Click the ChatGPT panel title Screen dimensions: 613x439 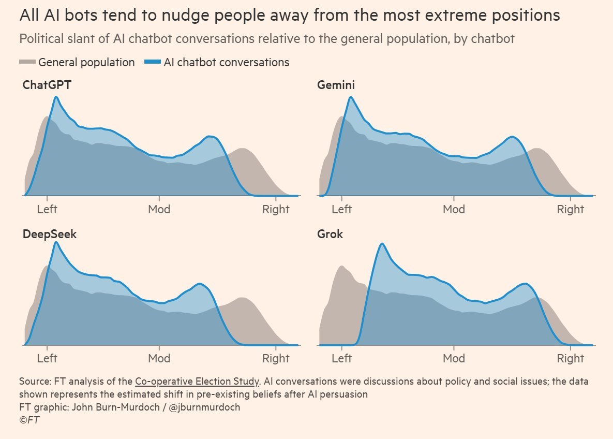point(47,85)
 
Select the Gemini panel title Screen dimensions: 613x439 point(336,85)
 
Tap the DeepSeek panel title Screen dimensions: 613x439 point(50,235)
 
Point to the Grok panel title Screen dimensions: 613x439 point(330,234)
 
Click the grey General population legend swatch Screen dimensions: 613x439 point(27,62)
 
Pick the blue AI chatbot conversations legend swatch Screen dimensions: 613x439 point(153,62)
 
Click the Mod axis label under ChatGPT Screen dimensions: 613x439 point(159,209)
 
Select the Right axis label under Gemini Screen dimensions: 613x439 point(571,209)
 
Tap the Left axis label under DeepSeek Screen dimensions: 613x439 point(47,358)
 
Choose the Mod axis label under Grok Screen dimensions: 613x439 point(454,358)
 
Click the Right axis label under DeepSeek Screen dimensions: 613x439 point(276,358)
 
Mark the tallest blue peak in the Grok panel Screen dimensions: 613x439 point(382,244)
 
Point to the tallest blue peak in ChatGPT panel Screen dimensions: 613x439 point(56,97)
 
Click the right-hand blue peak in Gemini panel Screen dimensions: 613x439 point(512,137)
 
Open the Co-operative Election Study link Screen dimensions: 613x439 point(197,382)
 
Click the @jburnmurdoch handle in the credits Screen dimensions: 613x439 point(204,407)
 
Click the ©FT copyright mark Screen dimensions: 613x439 point(29,420)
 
